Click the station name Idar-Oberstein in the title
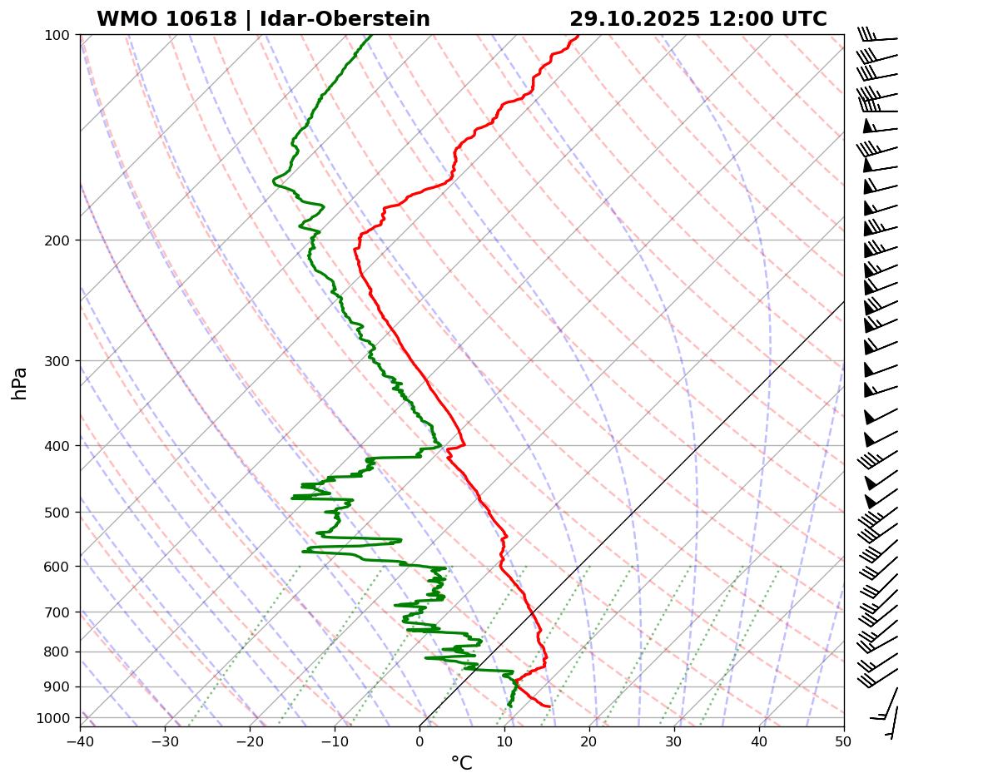(x=345, y=19)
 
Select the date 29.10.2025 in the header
(x=634, y=19)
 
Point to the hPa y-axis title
(x=20, y=383)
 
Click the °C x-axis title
(x=461, y=763)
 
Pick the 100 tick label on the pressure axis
(x=58, y=35)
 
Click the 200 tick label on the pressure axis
(x=58, y=240)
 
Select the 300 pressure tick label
(x=58, y=360)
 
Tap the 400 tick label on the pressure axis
(x=58, y=446)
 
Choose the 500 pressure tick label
(x=58, y=513)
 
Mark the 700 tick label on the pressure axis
(x=58, y=612)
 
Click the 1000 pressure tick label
(x=55, y=718)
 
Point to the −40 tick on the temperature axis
(x=80, y=739)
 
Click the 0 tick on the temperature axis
(x=420, y=739)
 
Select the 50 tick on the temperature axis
(x=844, y=739)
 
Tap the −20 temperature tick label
(x=250, y=739)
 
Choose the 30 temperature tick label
(x=674, y=739)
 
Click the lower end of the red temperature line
(x=549, y=706)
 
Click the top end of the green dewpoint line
(x=371, y=36)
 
